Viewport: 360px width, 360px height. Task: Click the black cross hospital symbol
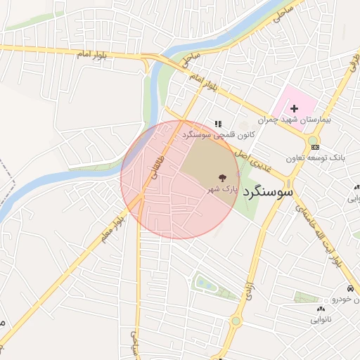click(294, 108)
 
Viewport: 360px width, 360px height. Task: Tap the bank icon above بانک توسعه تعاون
click(314, 146)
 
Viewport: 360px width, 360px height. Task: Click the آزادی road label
click(250, 288)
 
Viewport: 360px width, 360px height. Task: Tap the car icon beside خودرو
click(349, 290)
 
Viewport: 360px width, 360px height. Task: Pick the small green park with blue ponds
click(206, 283)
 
